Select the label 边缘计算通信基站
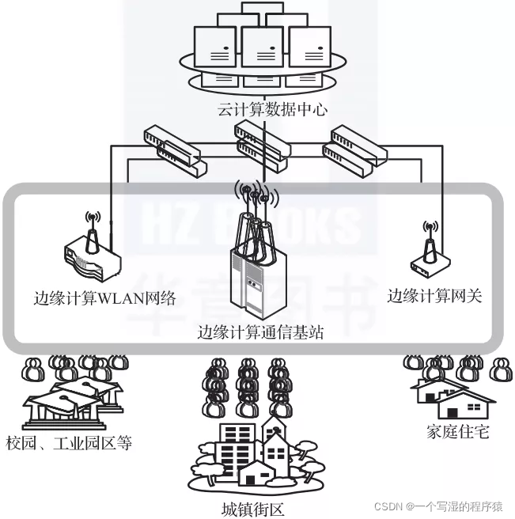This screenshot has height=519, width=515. pyautogui.click(x=260, y=332)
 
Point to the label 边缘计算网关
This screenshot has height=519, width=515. pyautogui.click(x=434, y=296)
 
